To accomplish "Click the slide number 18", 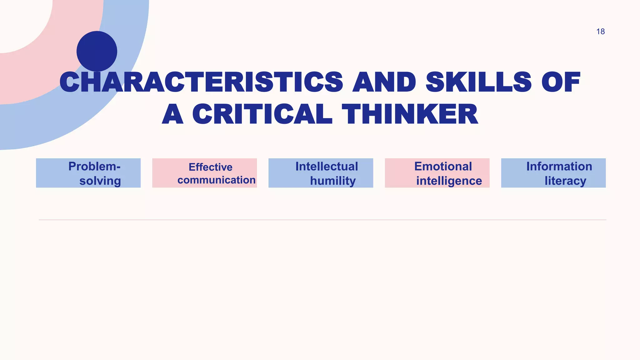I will coord(600,32).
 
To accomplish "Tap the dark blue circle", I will coord(97,51).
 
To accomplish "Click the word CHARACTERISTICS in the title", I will coord(201,82).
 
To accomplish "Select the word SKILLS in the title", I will coord(478,82).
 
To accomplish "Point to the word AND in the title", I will coord(384,82).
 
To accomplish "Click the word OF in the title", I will coord(561,82).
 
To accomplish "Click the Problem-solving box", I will coord(88,173).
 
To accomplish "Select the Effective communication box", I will coord(204,173).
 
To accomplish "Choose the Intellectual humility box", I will coord(321,173).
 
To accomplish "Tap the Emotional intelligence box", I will coord(437,173).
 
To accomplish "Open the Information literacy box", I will coord(553,173).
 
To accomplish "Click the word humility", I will coord(333,181).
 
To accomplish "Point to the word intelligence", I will coord(449,181).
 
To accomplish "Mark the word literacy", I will coord(565,181).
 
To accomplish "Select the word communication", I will coord(217,180).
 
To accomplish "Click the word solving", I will coord(100,181).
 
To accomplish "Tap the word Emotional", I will coord(443,167).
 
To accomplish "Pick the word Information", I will coord(559,167).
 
